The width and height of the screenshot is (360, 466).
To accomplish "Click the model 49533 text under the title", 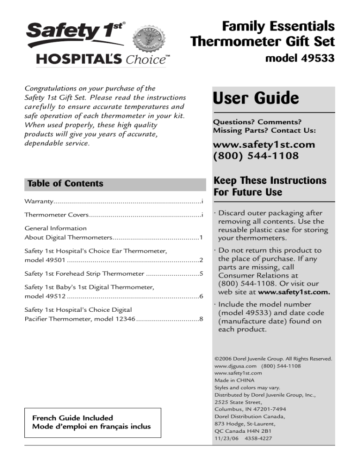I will click(300, 60).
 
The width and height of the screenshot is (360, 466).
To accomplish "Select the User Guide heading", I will click(255, 98).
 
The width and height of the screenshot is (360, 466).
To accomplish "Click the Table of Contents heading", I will click(66, 184).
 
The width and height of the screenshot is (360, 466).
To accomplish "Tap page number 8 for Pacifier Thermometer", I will click(201, 319).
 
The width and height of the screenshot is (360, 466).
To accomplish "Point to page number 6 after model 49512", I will click(201, 296).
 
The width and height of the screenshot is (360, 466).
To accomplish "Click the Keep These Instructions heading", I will click(270, 186).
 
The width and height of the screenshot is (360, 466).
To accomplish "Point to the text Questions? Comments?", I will click(257, 121).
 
